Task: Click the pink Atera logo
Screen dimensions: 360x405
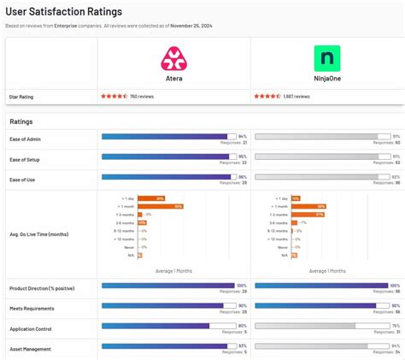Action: coord(174,58)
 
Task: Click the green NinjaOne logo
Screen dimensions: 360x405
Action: coord(326,58)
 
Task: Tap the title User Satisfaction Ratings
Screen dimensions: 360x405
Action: coord(63,12)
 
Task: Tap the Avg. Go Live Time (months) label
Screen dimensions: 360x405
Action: coord(39,233)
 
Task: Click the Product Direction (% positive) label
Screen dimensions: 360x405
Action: coord(43,288)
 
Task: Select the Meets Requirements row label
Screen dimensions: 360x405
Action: coord(32,308)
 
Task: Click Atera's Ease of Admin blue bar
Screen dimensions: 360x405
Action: coord(164,136)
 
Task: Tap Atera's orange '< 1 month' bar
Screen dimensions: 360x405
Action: coord(161,206)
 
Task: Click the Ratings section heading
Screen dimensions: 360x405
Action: coord(22,121)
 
